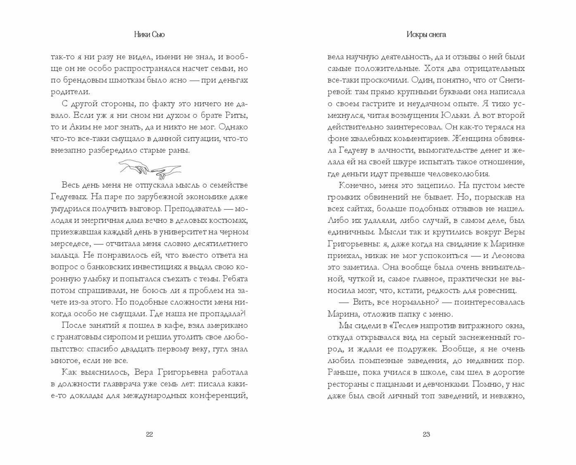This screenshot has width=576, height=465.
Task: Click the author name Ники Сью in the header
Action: point(149,35)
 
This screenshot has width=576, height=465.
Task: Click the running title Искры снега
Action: point(426,35)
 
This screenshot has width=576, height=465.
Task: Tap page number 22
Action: point(150,434)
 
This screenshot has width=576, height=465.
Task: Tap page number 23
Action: point(426,434)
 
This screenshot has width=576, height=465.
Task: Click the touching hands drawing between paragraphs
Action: point(150,167)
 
